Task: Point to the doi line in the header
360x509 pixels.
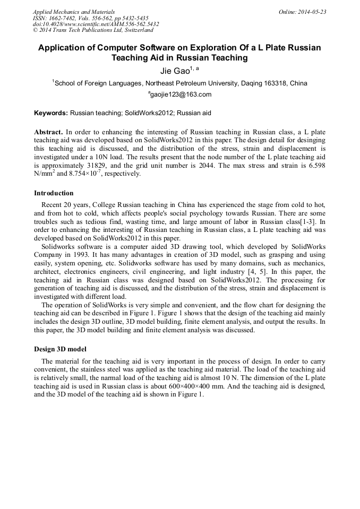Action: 96,24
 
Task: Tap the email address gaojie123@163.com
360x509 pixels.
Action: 181,95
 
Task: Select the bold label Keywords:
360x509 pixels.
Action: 51,113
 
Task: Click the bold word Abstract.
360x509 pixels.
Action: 48,131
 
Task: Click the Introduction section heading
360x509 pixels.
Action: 54,193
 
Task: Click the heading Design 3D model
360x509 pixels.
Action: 61,349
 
